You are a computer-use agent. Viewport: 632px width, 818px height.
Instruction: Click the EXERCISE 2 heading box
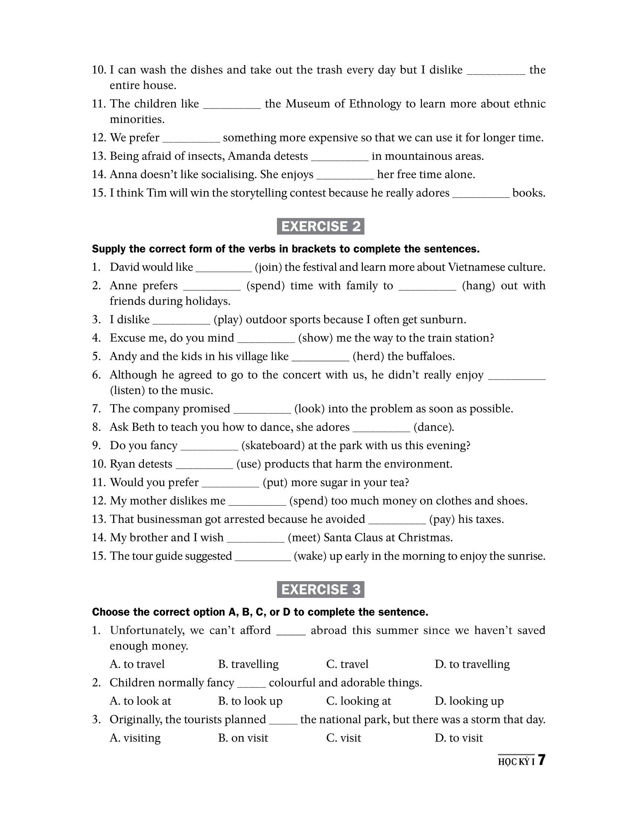point(320,226)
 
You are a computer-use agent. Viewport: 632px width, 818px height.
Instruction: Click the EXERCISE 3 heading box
point(320,589)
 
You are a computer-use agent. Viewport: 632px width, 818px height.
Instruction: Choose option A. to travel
point(137,664)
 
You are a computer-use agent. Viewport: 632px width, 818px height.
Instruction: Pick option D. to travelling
point(472,664)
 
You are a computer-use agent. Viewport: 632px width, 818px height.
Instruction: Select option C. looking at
point(358,701)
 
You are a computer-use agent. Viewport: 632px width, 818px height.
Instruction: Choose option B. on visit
point(243,738)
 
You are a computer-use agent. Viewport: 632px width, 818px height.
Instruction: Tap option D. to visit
point(459,738)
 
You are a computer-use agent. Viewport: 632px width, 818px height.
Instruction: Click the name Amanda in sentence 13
point(249,156)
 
